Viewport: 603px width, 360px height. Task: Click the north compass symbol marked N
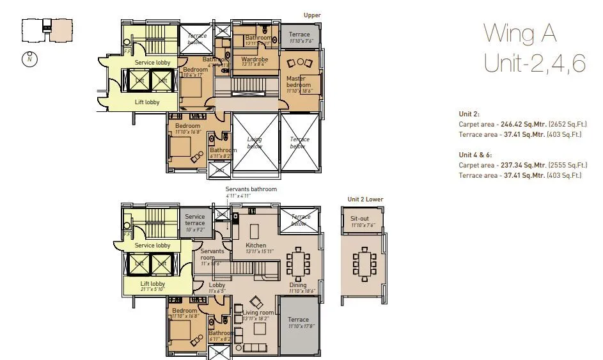[29, 59]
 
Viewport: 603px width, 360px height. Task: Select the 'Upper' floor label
[312, 15]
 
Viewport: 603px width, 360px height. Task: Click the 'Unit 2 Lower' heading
[365, 200]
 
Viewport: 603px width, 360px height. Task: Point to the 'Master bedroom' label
[299, 82]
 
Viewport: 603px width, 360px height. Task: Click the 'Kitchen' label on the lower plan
[256, 246]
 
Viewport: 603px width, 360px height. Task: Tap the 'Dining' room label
[297, 285]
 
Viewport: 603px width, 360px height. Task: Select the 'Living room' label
[258, 312]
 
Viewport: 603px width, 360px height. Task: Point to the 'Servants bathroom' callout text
[251, 189]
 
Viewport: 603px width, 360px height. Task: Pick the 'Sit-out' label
[360, 218]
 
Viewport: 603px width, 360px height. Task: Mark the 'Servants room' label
[212, 254]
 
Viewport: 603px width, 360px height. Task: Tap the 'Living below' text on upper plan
[255, 142]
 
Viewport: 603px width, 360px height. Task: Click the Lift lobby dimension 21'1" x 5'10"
[152, 290]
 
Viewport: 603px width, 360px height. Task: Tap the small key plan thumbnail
[43, 29]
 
